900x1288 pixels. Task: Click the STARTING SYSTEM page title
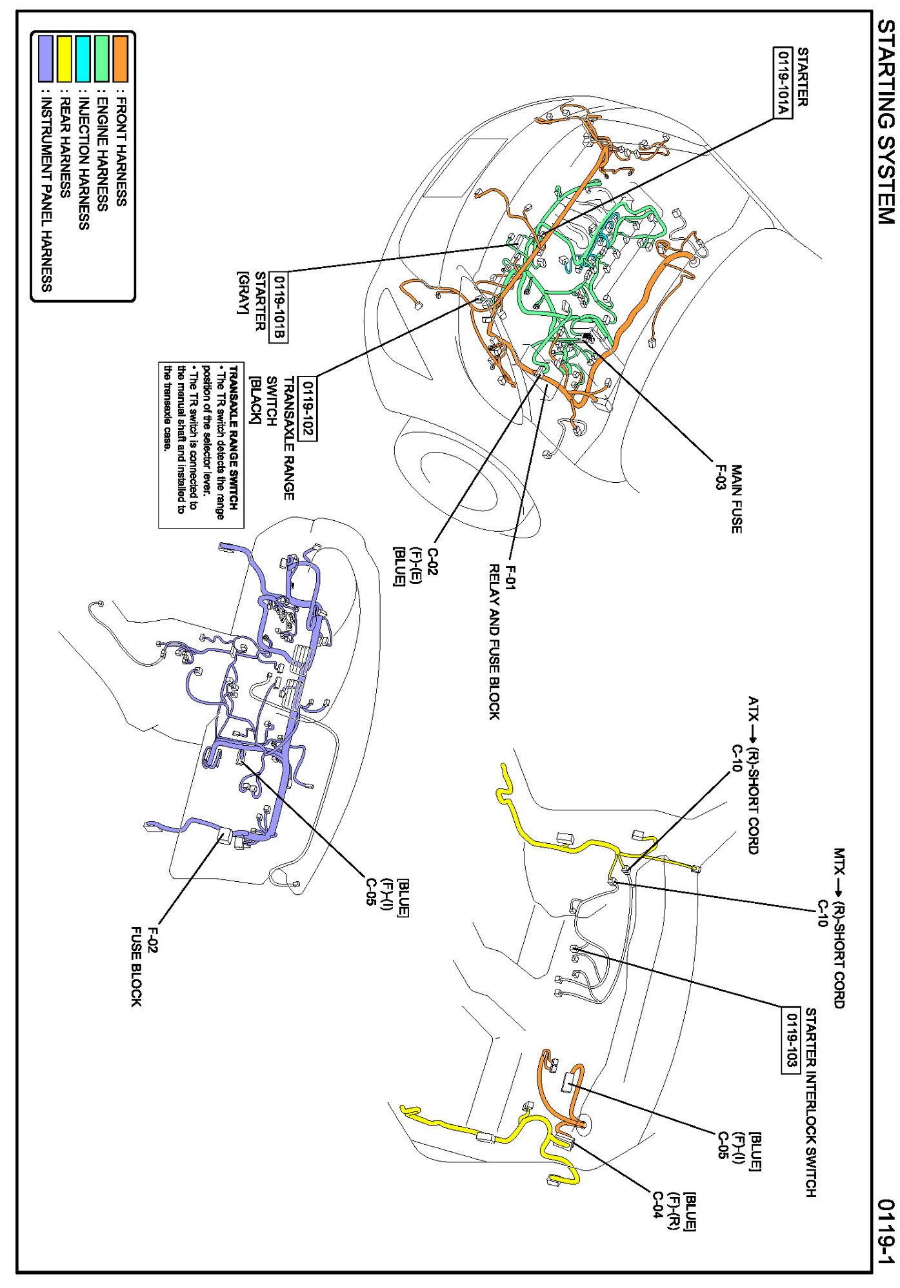[x=886, y=122]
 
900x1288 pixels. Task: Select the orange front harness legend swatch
[x=121, y=59]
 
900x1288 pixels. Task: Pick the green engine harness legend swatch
[x=102, y=59]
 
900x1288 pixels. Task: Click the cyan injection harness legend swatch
[x=83, y=59]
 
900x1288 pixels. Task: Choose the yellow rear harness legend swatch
[x=65, y=59]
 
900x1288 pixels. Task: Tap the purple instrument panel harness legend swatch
[x=45, y=59]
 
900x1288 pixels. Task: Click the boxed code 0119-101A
[x=783, y=82]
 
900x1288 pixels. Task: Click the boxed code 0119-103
[x=791, y=1040]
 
